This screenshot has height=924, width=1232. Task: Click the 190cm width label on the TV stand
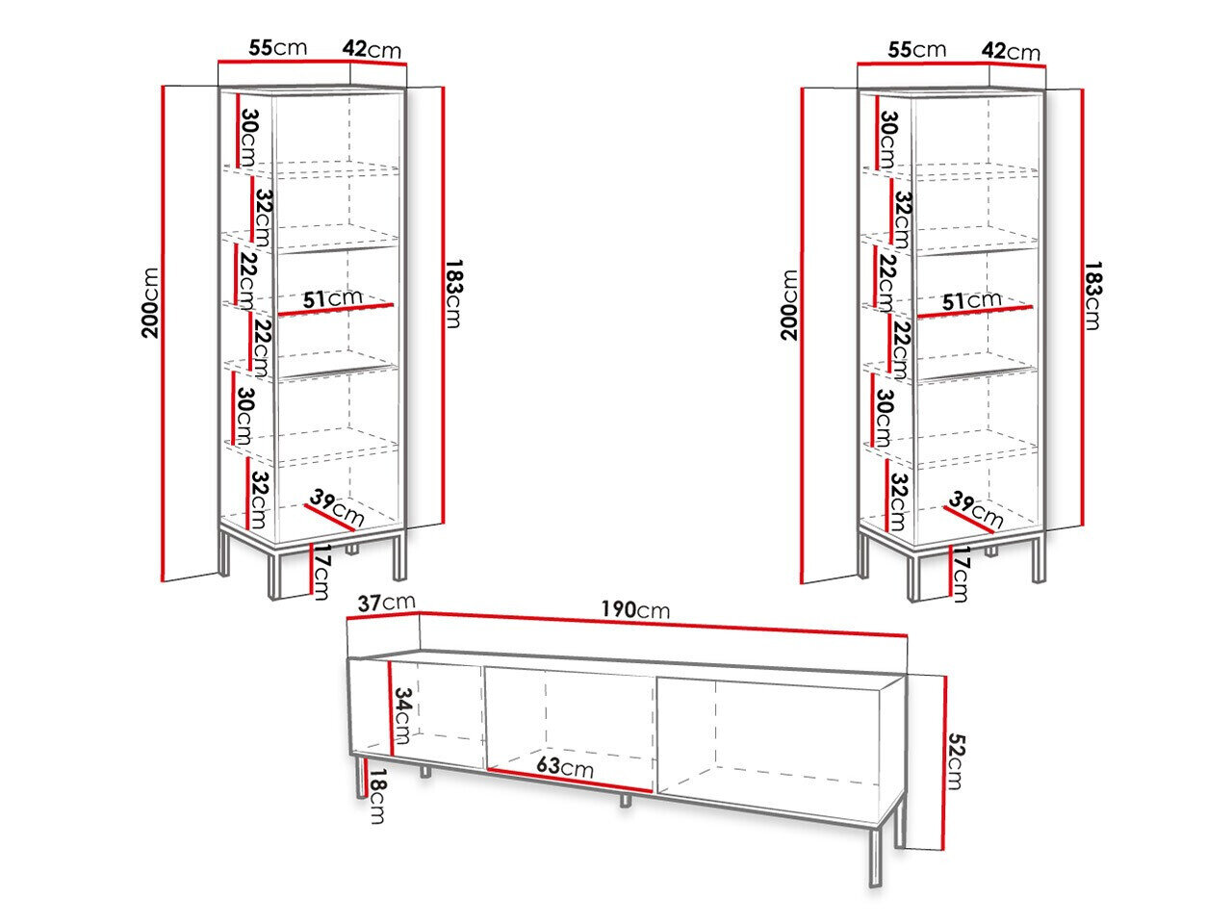pos(635,610)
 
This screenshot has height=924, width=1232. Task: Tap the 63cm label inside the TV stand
pos(565,766)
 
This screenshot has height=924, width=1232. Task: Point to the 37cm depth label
pos(386,603)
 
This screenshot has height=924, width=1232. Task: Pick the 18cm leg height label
pos(377,796)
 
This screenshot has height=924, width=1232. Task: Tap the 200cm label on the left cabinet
pos(150,303)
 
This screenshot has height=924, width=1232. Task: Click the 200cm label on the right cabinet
pos(789,305)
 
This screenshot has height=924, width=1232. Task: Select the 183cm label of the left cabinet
pos(453,293)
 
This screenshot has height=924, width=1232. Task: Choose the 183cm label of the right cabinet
pos(1092,295)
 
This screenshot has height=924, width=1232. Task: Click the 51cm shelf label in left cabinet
pos(333,298)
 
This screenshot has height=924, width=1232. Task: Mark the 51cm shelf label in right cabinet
pos(971,300)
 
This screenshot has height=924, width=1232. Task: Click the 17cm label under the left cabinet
pos(321,572)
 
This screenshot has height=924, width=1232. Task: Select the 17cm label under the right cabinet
pos(960,574)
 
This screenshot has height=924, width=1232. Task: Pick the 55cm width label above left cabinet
pos(278,48)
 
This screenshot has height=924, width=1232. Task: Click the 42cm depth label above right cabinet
pos(1011,51)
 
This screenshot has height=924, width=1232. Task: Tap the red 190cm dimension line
pos(663,624)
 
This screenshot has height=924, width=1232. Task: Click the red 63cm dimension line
pos(569,781)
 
